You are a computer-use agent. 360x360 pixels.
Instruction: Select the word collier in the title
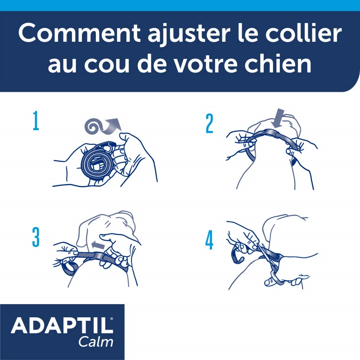pyautogui.click(x=301, y=34)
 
